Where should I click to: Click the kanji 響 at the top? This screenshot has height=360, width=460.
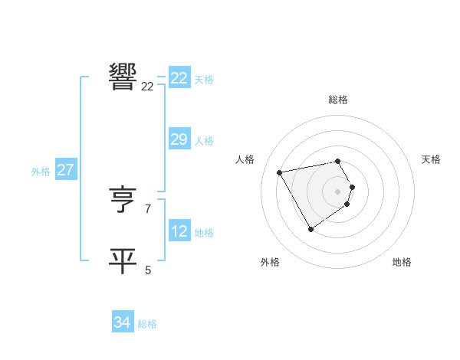tap(123, 77)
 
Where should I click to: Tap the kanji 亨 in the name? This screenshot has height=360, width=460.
tap(123, 201)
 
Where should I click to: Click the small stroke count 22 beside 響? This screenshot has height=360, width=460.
tap(147, 87)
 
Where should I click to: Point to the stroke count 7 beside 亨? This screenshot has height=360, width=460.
tap(147, 208)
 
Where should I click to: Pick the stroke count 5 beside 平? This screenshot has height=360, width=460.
tap(148, 270)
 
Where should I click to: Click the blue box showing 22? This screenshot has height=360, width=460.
tap(179, 78)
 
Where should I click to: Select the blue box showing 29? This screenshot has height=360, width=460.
tap(179, 139)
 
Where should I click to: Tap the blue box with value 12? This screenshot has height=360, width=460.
tap(179, 231)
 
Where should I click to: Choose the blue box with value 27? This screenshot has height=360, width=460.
tap(66, 170)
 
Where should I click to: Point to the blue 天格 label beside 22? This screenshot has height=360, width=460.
tap(204, 80)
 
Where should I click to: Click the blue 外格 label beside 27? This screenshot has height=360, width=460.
tap(41, 172)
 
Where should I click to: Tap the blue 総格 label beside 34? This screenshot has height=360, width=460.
tap(147, 325)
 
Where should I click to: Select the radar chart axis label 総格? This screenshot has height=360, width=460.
tap(338, 100)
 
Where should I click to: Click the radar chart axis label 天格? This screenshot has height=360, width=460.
tap(431, 159)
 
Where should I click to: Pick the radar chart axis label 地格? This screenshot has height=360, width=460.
tap(402, 263)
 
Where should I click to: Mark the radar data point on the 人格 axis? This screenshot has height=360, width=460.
tap(280, 172)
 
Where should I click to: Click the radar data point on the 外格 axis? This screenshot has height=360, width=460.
tap(310, 229)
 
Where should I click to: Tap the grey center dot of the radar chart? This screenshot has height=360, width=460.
tap(338, 191)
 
